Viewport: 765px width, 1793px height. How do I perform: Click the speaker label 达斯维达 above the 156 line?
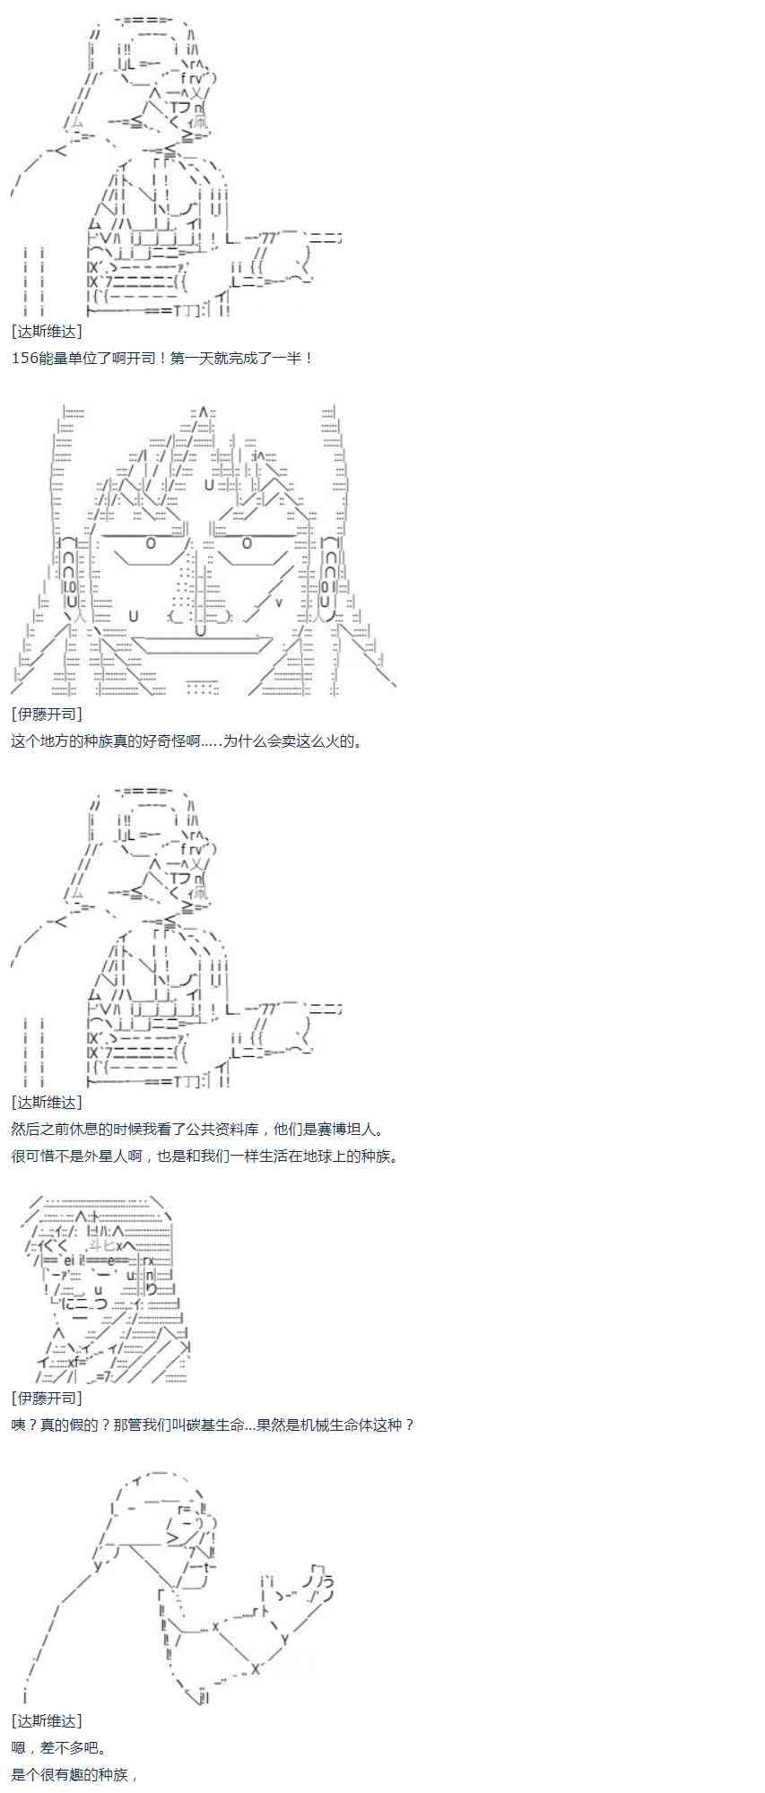click(x=48, y=331)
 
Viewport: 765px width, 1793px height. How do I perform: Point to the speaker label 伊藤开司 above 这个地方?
click(x=48, y=714)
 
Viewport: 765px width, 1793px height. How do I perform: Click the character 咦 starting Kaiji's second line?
click(x=19, y=1425)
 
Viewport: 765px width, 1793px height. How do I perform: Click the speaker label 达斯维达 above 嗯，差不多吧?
click(x=48, y=1720)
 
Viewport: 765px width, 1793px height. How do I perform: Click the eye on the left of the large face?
click(x=151, y=543)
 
